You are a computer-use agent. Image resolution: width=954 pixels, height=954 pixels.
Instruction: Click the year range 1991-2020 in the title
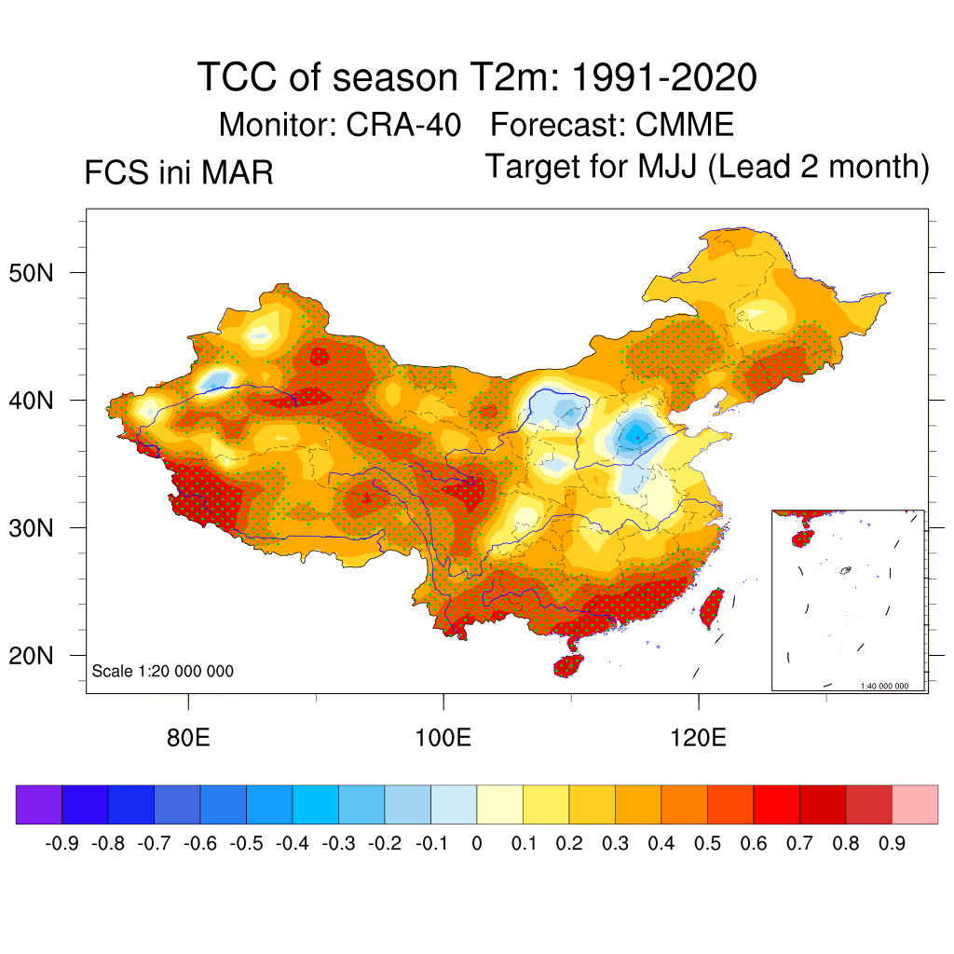(662, 77)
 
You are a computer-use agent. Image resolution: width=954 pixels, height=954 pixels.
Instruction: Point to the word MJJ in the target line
(669, 168)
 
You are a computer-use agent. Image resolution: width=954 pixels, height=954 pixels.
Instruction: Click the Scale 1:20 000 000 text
(163, 671)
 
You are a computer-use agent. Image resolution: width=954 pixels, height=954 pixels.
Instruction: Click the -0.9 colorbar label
(61, 843)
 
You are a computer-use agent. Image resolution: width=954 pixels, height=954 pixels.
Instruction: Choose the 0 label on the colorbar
(476, 843)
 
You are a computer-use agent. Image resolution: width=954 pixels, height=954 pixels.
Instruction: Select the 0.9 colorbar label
(892, 843)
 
